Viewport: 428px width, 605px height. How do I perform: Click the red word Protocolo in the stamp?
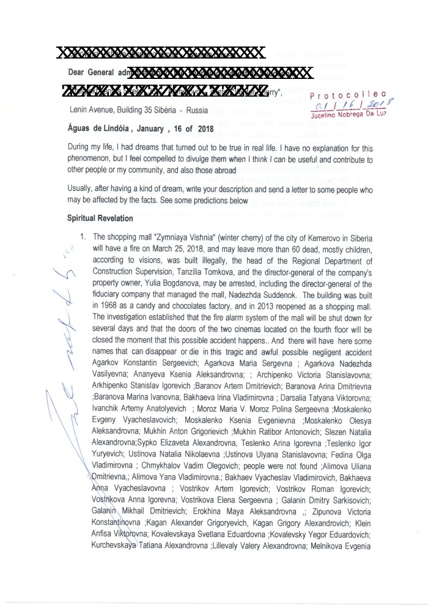pos(347,95)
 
